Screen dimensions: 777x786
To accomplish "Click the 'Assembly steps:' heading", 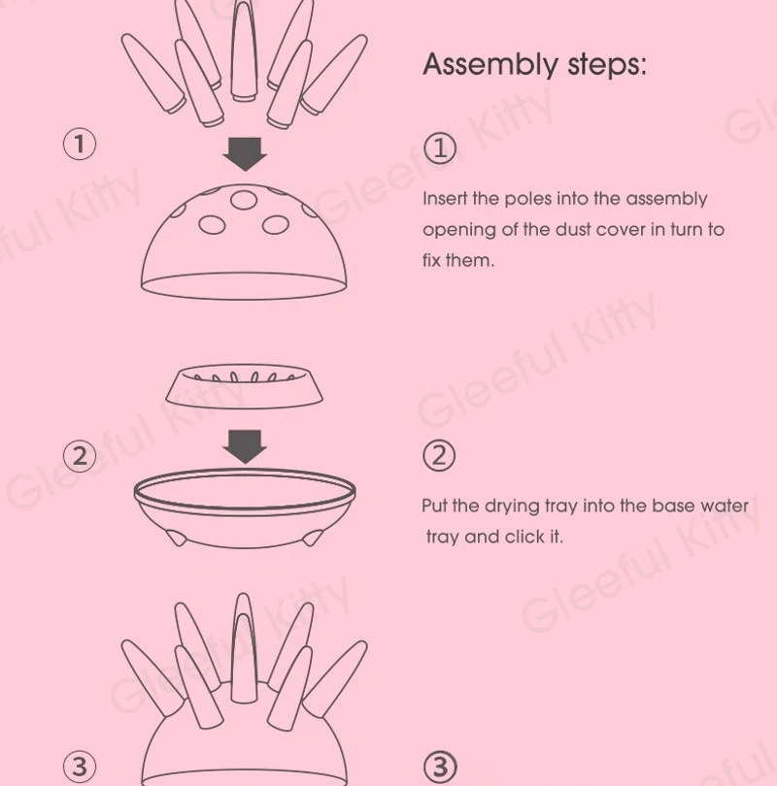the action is click(535, 65).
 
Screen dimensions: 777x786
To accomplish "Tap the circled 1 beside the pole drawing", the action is click(80, 145).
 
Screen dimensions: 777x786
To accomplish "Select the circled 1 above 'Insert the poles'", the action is click(439, 148).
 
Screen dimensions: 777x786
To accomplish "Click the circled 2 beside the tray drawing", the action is click(80, 456).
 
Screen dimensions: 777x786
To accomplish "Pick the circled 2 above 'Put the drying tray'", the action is click(439, 456).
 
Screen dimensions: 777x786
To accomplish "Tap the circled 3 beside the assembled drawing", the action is click(80, 767).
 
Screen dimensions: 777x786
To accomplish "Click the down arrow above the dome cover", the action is click(245, 154).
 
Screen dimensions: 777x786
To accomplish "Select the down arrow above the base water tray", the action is click(245, 446).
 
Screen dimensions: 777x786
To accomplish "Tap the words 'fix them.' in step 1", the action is click(458, 261).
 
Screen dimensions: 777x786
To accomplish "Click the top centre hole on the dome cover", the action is click(244, 200).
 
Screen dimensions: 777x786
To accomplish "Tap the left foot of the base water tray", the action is click(177, 538).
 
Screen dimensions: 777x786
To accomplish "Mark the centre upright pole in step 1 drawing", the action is click(243, 50).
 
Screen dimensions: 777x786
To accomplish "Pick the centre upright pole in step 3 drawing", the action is click(243, 646).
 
